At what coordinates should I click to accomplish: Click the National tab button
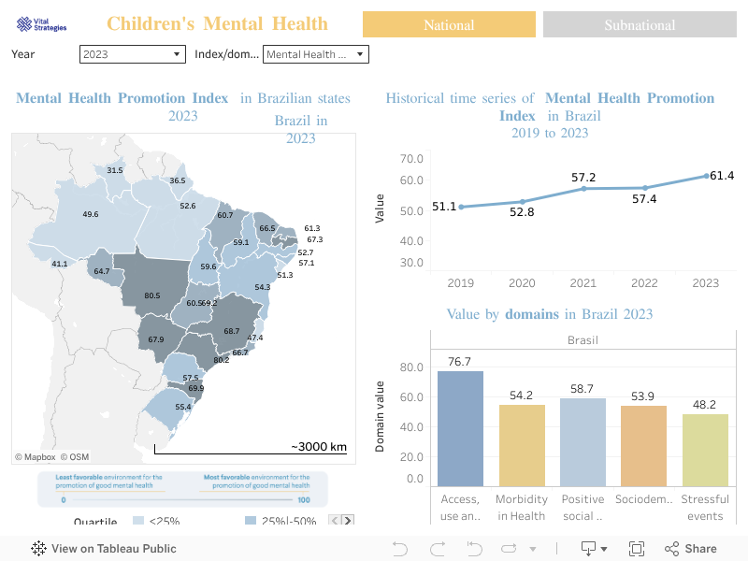click(449, 24)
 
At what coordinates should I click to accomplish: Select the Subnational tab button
click(640, 24)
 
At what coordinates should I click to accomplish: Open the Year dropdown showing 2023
click(133, 54)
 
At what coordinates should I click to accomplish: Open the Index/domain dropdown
click(316, 54)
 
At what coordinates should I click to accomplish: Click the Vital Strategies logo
click(42, 25)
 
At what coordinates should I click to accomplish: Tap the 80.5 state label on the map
click(152, 296)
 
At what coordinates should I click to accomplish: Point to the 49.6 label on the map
click(91, 215)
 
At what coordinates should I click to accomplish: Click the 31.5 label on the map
click(115, 171)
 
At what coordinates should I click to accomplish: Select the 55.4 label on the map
click(183, 408)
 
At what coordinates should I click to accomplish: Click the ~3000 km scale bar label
click(318, 447)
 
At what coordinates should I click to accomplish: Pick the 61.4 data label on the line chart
click(722, 176)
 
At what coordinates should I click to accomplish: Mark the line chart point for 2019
click(461, 207)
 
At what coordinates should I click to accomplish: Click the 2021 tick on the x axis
click(583, 283)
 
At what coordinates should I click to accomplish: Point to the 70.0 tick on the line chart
click(411, 158)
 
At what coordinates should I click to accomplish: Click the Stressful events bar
click(705, 450)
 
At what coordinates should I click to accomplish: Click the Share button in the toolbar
click(691, 549)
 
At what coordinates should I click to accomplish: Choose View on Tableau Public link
click(104, 549)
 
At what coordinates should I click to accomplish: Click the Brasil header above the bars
click(583, 340)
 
